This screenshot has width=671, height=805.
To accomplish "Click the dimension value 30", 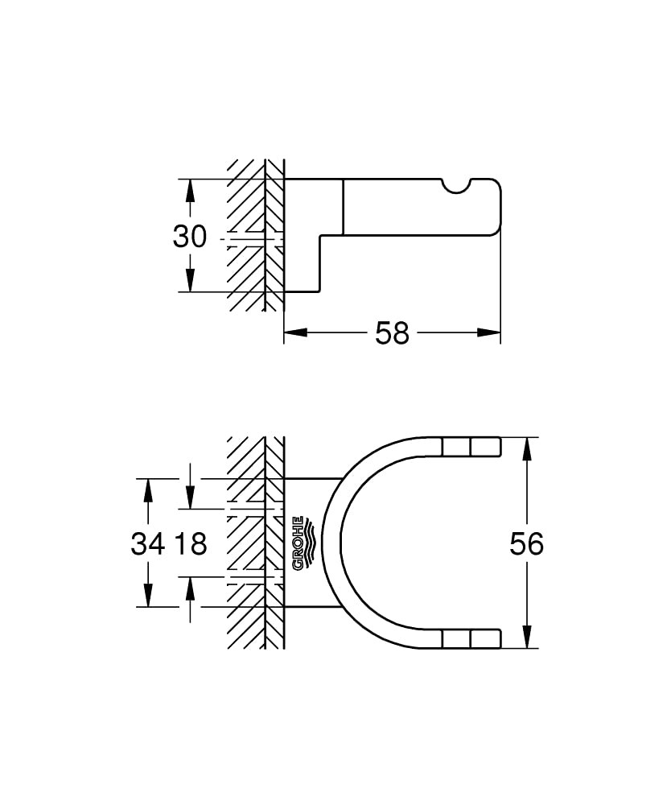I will (190, 237).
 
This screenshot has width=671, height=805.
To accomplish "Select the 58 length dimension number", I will (393, 332).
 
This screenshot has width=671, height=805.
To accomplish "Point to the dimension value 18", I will (191, 544).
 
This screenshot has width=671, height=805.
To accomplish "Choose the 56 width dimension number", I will (527, 544).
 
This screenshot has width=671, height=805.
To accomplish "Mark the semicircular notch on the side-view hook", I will (460, 186).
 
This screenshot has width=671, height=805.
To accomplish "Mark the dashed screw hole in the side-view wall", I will (254, 239).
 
